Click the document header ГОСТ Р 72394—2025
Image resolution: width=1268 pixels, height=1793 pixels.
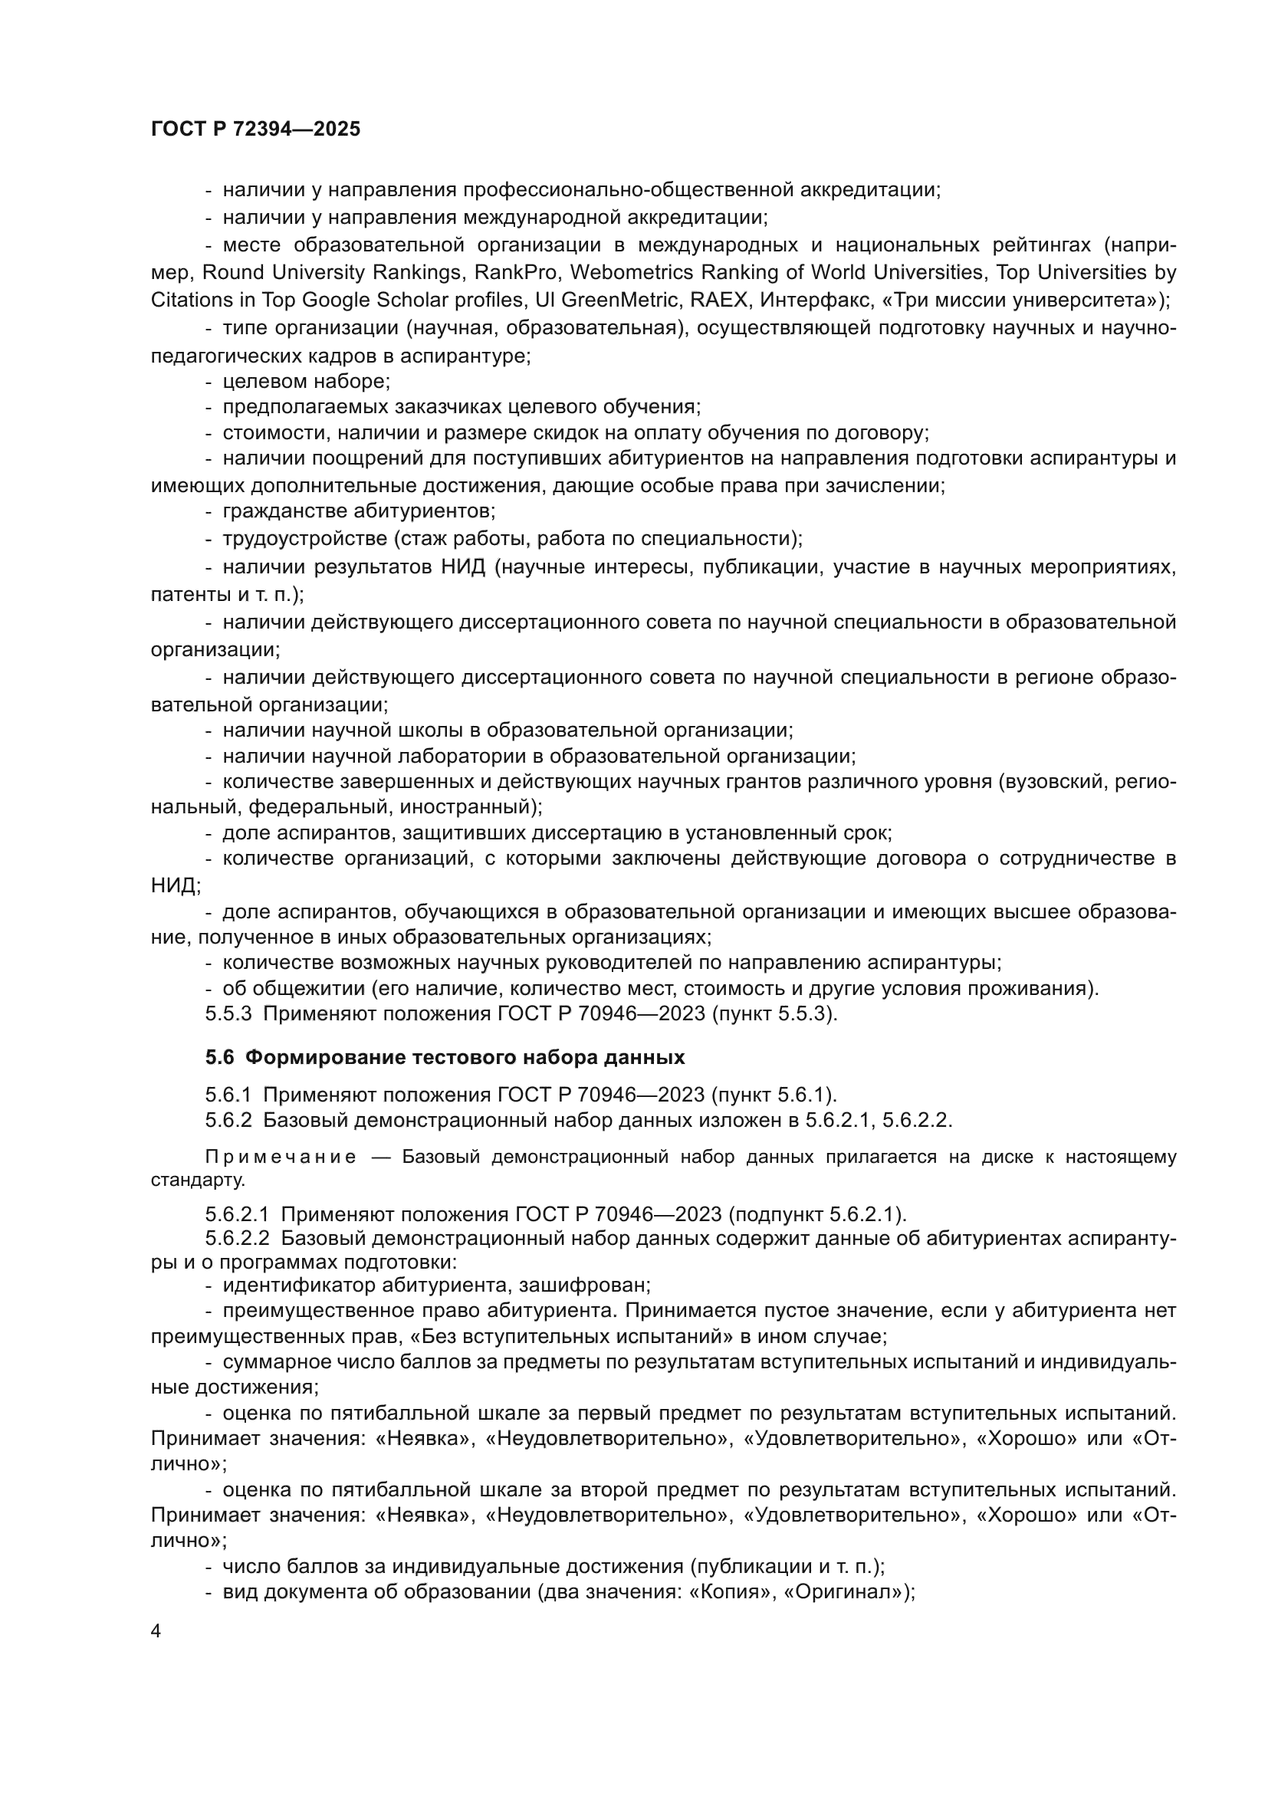[255, 130]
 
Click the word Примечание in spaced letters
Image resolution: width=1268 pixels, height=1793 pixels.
[281, 1158]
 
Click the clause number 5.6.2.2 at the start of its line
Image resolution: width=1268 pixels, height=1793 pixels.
[238, 1239]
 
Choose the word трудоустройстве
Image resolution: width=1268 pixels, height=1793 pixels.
[304, 539]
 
